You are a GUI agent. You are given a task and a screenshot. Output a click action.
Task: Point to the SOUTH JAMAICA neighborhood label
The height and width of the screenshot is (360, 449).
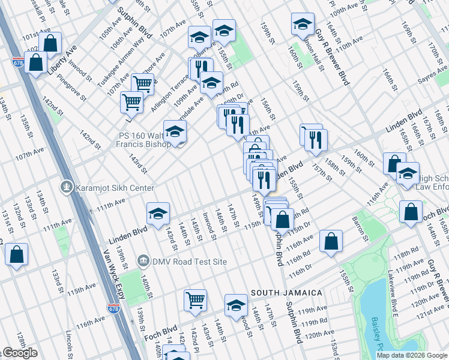pyautogui.click(x=286, y=293)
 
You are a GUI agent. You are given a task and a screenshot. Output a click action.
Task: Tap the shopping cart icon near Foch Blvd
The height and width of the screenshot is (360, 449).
pyautogui.click(x=196, y=300)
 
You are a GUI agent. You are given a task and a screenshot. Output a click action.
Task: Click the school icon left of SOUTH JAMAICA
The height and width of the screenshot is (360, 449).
pyautogui.click(x=236, y=305)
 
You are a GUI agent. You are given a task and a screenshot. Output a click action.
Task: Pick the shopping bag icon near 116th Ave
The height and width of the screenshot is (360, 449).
pyautogui.click(x=331, y=242)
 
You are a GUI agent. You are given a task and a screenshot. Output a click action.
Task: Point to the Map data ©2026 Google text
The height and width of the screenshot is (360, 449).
pyautogui.click(x=411, y=355)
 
